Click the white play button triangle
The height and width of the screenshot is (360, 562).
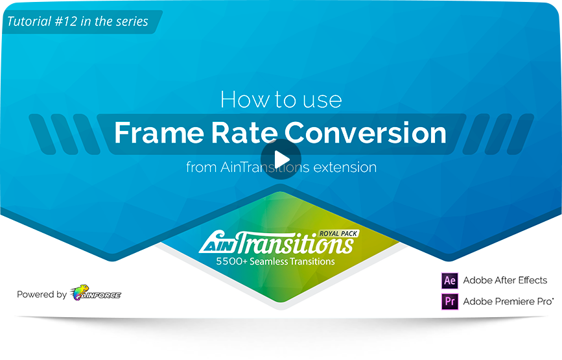coord(282,159)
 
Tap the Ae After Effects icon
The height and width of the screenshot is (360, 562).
coord(449,280)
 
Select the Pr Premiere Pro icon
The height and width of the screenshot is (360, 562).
coord(449,301)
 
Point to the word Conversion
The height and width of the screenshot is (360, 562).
coord(365,133)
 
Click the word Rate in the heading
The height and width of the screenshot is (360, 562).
coord(244,133)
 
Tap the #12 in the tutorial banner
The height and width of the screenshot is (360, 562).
coord(66,21)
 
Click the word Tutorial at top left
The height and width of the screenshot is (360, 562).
coord(29,21)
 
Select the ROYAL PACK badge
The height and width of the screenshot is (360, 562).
coord(339,234)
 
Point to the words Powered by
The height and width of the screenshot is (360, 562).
coord(41,294)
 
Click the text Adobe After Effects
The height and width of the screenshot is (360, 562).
coord(505,280)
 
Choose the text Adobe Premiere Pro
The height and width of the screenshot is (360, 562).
coord(508,301)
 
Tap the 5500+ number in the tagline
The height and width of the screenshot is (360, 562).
coord(231,261)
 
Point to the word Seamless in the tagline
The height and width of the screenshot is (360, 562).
coord(269,261)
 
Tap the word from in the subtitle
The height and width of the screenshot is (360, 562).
coord(202,167)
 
